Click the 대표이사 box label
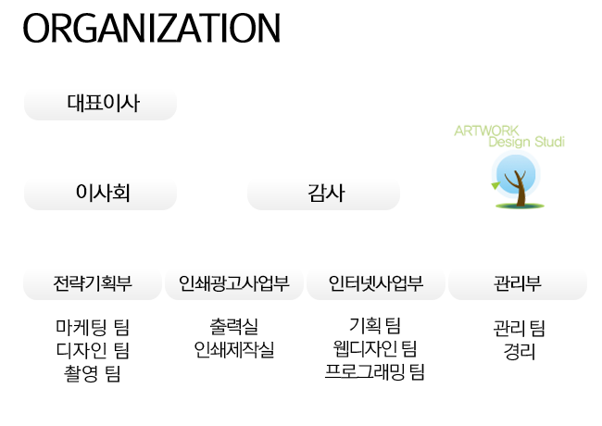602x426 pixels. pos(103,103)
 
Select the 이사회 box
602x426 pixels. pos(102,193)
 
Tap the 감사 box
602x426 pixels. pos(325,193)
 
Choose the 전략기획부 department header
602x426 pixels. pos(93,283)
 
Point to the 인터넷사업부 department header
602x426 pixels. pos(376,283)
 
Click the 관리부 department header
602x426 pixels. pos(518,283)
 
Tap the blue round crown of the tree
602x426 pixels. pos(515,172)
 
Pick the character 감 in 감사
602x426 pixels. pos(315,193)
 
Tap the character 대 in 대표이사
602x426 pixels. pos(76,103)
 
